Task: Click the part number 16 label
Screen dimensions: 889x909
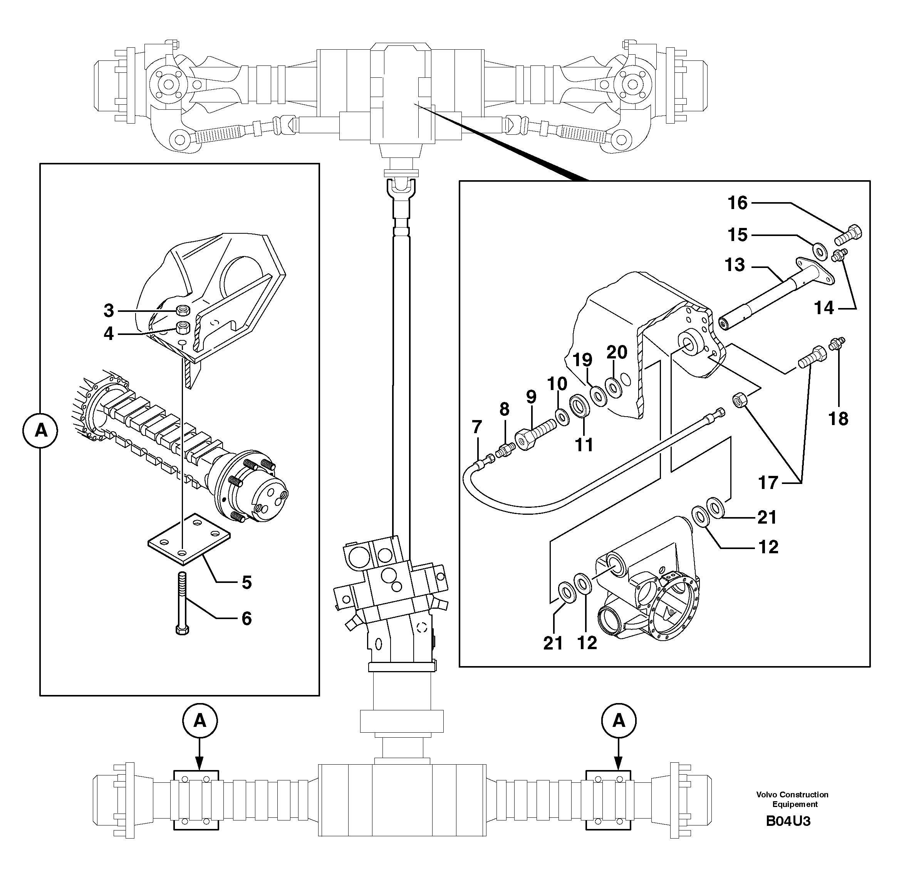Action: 738,203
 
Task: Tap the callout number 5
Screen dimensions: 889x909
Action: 247,583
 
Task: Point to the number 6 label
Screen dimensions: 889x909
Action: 247,619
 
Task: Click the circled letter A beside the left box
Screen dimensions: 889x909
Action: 41,430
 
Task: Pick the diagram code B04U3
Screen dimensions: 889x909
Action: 788,834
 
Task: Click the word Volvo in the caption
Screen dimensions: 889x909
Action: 766,807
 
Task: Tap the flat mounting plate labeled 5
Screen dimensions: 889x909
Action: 189,540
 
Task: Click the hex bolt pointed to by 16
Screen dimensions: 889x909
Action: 848,235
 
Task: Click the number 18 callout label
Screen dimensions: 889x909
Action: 838,419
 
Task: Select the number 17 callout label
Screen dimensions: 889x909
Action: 768,483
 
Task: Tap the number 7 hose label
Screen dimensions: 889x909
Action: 476,426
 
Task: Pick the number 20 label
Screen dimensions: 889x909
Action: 617,352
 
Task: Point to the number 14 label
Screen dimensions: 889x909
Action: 823,308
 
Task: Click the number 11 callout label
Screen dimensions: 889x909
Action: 584,444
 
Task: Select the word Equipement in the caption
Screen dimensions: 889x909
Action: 795,817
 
